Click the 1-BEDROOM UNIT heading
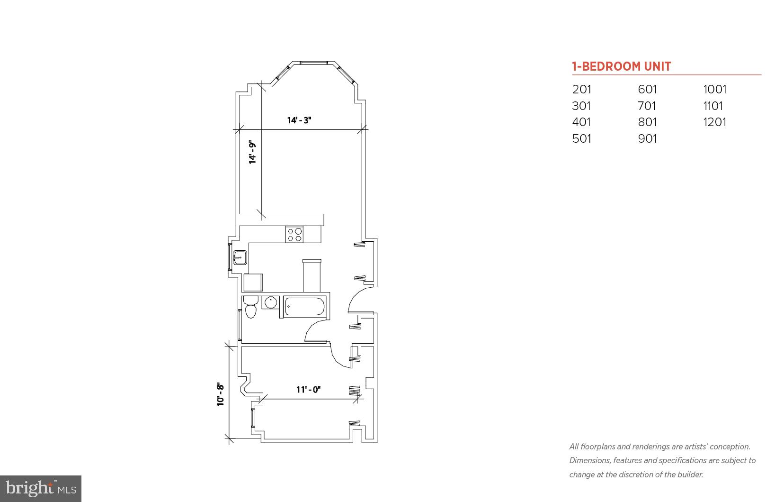point(621,66)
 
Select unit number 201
point(581,90)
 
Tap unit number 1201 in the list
point(714,122)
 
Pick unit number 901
point(647,139)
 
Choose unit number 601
point(647,90)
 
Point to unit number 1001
point(714,90)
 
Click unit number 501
point(581,139)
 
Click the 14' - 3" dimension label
point(299,120)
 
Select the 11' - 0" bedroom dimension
point(309,390)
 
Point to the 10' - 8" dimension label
point(221,394)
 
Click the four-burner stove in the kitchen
point(294,235)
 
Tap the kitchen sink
point(240,258)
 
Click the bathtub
point(304,307)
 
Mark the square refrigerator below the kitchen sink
point(253,283)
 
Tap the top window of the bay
point(313,63)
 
